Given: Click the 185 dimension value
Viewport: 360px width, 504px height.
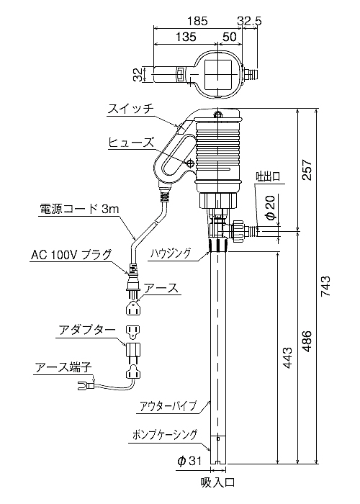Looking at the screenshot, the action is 197,21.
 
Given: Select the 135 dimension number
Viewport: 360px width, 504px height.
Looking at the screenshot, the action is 186,36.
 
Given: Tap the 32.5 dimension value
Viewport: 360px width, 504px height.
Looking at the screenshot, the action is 250,21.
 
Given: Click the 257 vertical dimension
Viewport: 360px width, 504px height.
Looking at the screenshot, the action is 307,170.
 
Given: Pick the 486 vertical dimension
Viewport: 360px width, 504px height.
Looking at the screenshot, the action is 307,341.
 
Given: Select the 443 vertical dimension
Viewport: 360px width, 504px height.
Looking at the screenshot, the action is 287,357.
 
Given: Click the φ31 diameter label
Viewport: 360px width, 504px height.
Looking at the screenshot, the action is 189,462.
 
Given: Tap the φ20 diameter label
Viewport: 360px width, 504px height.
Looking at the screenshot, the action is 271,207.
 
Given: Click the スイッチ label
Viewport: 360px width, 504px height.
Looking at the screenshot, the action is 130,109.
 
